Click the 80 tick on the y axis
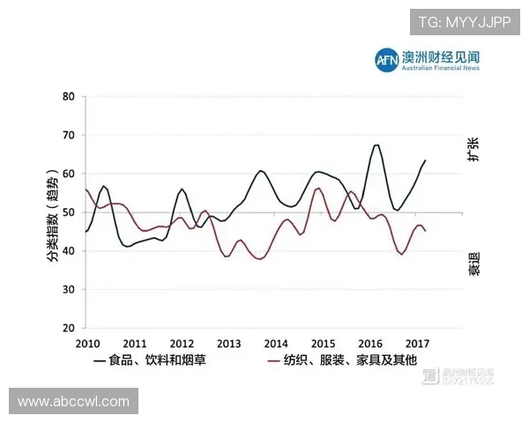pos(67,96)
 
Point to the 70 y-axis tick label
pos(67,135)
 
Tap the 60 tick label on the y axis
pos(67,174)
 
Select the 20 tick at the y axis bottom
pos(67,329)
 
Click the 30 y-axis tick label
pos(67,290)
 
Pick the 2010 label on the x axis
pos(86,343)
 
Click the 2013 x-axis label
pos(228,343)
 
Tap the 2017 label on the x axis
pos(418,343)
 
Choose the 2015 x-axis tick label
pos(324,343)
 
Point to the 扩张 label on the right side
pos(474,151)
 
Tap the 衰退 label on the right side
pos(474,265)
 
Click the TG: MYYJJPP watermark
pos(464,21)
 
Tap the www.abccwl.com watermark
pos(74,402)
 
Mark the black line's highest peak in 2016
pos(376,145)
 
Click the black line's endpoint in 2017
pos(425,160)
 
